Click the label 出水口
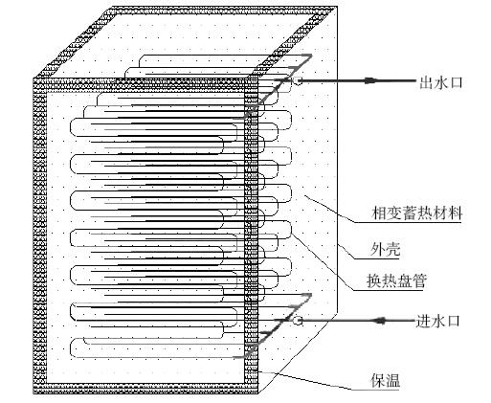(x=441, y=83)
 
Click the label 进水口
(x=437, y=321)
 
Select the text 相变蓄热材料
(x=417, y=213)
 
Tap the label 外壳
(x=385, y=249)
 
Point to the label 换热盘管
(x=396, y=281)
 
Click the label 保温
(x=386, y=380)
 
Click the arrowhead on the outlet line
(x=370, y=81)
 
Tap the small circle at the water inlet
(x=298, y=321)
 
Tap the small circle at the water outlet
(x=298, y=81)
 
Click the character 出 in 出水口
(x=426, y=83)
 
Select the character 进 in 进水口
(x=423, y=321)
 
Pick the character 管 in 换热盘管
(x=419, y=281)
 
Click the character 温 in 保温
(x=393, y=380)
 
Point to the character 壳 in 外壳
(x=393, y=249)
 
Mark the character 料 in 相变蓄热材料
(x=456, y=213)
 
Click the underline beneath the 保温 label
(x=376, y=390)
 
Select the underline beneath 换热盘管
(x=389, y=290)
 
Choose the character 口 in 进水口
(x=454, y=321)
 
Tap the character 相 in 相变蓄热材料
(x=379, y=213)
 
